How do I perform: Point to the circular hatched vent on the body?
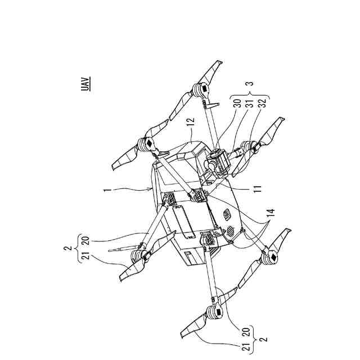(229, 231)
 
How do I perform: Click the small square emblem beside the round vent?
(227, 214)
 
